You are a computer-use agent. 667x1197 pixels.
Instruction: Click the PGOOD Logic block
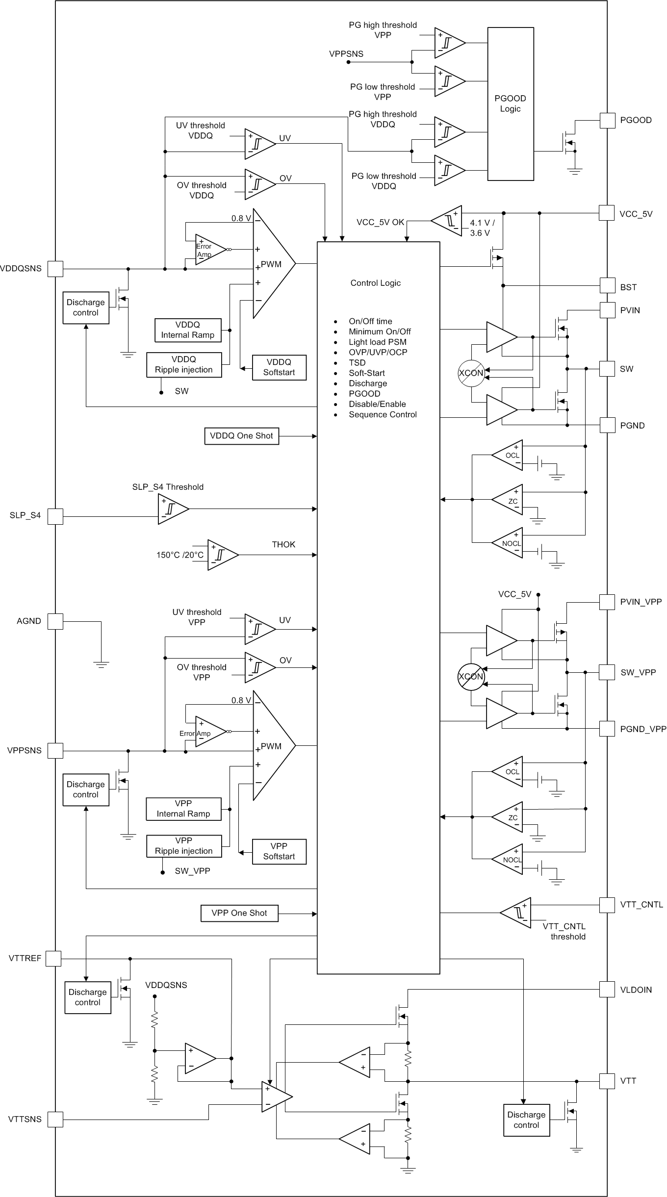510,104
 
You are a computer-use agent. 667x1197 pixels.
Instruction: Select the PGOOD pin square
607,120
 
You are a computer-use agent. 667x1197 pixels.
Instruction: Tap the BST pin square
607,285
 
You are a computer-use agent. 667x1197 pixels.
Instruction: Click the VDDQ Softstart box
279,367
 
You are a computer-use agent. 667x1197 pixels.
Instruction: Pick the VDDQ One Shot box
241,436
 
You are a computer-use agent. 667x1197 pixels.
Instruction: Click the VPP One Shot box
239,913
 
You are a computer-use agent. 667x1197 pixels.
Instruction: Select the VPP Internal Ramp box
183,809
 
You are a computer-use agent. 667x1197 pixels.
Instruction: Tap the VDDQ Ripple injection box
184,365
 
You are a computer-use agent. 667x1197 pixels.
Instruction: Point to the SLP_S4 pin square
55,516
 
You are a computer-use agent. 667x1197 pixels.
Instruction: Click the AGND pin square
55,621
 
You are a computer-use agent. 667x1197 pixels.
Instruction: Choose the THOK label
283,544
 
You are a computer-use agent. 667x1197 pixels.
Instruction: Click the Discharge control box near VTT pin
526,1120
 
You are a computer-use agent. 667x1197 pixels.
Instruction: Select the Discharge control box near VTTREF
88,997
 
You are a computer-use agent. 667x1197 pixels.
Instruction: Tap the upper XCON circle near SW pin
471,373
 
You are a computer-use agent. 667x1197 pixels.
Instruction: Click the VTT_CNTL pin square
607,905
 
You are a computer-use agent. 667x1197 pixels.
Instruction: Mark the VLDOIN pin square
607,990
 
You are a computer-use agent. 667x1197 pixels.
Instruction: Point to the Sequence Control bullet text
383,414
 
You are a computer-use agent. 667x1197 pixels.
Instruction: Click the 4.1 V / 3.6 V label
482,228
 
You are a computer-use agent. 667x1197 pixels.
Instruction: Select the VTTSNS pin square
55,1120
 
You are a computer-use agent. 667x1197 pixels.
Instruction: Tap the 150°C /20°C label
180,555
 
